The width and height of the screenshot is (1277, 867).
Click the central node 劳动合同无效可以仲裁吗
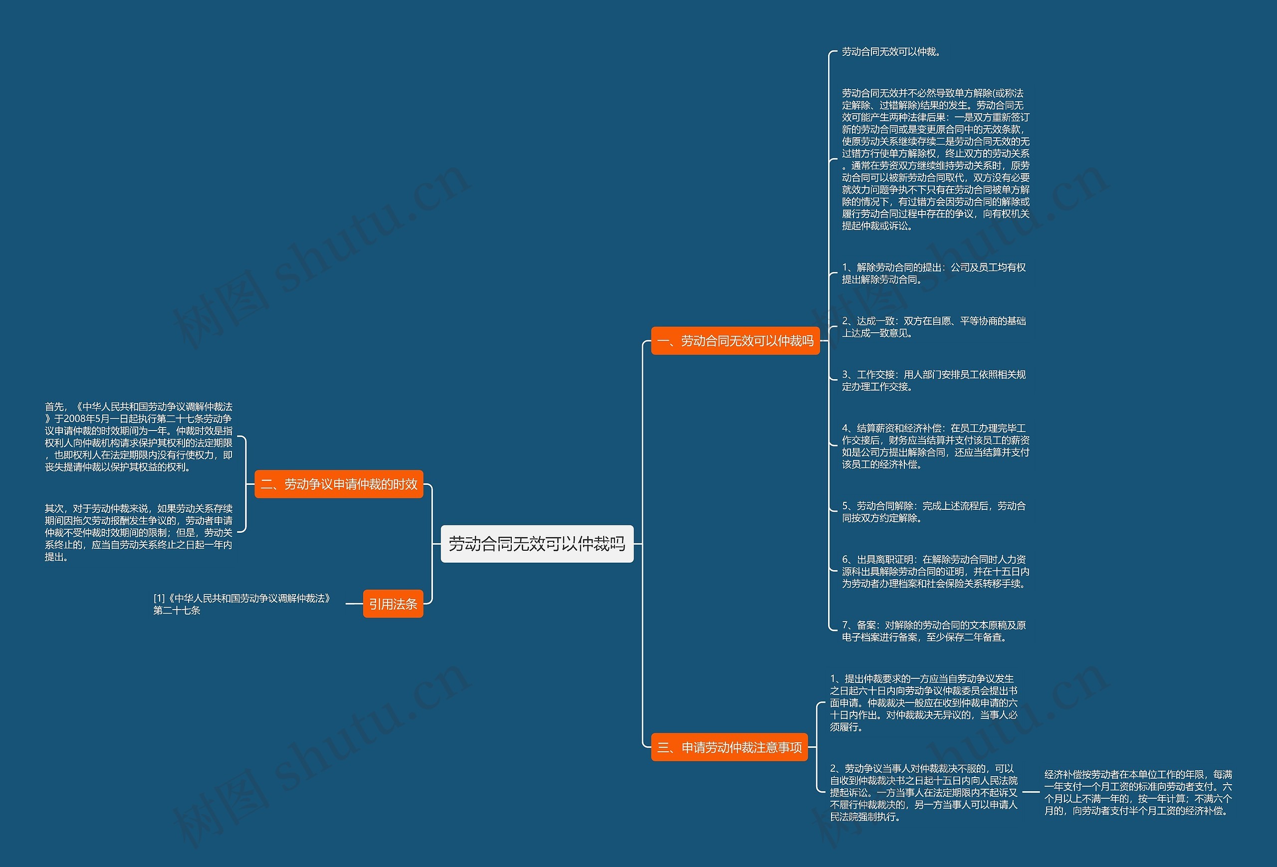tap(537, 543)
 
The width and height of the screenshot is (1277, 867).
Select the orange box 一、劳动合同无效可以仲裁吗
tap(735, 341)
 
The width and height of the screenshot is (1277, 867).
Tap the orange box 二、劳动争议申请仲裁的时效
tap(339, 484)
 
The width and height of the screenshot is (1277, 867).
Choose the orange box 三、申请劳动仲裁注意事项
tap(729, 747)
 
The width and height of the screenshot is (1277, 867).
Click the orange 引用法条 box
tap(393, 604)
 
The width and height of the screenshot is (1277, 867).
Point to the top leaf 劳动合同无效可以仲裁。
tap(891, 52)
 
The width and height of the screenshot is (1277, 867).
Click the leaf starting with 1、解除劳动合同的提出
tap(934, 273)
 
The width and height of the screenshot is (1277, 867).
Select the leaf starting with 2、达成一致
tap(934, 327)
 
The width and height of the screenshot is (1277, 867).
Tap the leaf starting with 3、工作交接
tap(934, 380)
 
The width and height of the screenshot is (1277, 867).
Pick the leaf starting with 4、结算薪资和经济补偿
tap(935, 445)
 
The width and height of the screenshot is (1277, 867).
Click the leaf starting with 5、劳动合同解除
tap(934, 511)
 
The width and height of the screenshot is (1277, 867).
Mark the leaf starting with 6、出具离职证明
tap(935, 571)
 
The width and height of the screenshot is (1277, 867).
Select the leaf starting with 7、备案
tap(934, 631)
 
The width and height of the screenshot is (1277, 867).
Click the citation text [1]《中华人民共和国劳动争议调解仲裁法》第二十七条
tap(242, 604)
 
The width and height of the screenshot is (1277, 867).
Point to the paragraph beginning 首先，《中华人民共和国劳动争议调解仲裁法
tap(139, 437)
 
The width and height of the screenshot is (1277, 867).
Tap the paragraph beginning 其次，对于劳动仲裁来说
tap(139, 532)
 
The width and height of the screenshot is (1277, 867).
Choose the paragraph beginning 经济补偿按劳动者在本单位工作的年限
tap(1138, 792)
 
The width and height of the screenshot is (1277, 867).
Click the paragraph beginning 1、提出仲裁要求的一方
tap(923, 703)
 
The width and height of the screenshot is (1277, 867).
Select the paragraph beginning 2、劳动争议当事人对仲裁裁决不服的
tap(923, 792)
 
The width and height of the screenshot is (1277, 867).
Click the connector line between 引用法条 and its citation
tap(354, 603)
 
